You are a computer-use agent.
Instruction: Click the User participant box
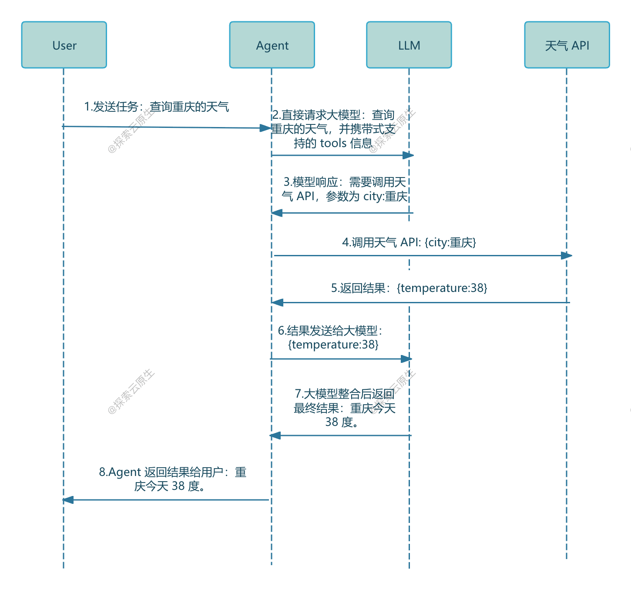[x=64, y=45]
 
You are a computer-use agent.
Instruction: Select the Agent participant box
[x=272, y=45]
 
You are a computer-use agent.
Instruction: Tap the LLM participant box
[x=409, y=45]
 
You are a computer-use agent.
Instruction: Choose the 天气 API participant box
[x=567, y=45]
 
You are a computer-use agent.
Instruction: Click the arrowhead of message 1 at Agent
[x=265, y=128]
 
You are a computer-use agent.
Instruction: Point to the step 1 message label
[x=156, y=107]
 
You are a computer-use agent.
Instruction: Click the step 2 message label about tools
[x=333, y=129]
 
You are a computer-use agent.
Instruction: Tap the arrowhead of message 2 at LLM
[x=408, y=155]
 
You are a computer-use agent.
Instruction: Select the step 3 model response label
[x=344, y=189]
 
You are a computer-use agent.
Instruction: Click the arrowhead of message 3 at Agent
[x=277, y=213]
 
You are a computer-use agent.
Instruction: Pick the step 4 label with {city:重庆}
[x=409, y=242]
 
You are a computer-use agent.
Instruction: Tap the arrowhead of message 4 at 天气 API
[x=567, y=255]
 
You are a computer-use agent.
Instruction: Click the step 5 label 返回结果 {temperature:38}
[x=409, y=288]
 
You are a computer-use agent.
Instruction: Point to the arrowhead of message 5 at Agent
[x=277, y=302]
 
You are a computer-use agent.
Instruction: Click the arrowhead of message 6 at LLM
[x=406, y=359]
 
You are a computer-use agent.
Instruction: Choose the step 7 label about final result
[x=344, y=408]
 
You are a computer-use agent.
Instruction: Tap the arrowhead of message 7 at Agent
[x=275, y=436]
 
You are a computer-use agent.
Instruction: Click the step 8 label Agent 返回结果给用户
[x=172, y=479]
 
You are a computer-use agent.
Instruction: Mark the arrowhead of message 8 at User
[x=68, y=500]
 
